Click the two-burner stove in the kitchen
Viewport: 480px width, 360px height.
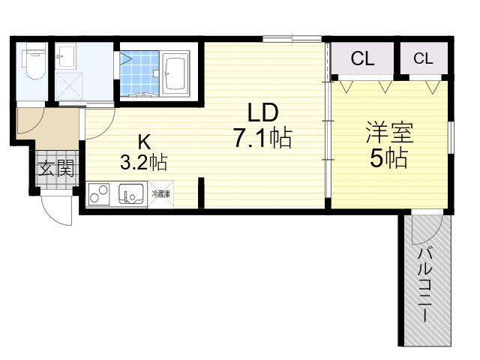point(99,193)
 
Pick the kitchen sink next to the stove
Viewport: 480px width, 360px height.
point(131,194)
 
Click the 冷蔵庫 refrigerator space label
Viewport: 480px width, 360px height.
point(161,193)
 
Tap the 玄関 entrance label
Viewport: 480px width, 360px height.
point(56,168)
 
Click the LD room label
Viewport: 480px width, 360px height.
point(262,112)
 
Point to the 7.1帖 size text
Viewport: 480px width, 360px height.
point(262,138)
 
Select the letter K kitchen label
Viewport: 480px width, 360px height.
point(144,142)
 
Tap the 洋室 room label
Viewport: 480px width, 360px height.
point(390,133)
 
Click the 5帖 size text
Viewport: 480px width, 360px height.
point(389,158)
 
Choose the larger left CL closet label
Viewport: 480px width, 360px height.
point(363,58)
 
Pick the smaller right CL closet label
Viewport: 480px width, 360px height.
point(423,58)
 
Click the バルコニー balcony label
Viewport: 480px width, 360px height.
point(426,285)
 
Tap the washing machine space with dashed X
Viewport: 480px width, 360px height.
point(69,86)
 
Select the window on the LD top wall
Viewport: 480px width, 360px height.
point(292,39)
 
